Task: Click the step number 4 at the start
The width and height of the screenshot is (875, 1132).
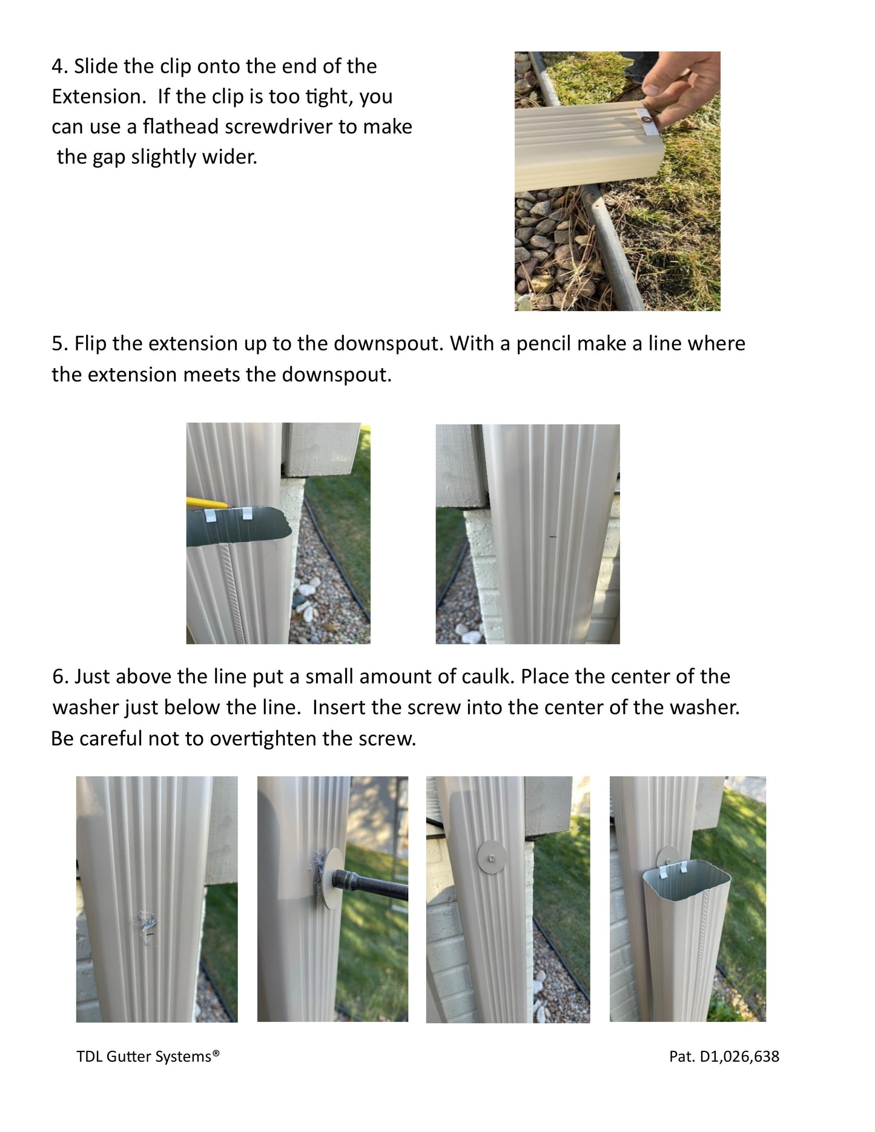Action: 58,67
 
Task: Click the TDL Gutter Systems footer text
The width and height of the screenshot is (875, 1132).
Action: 148,1056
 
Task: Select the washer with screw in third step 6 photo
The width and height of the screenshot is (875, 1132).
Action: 492,855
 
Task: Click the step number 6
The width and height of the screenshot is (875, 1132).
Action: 59,676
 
